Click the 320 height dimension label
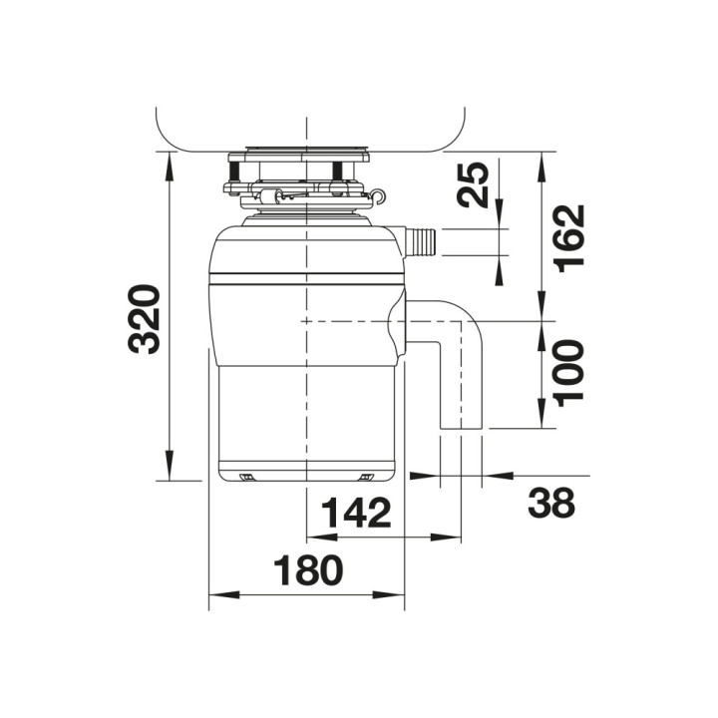(145, 319)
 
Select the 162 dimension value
(568, 238)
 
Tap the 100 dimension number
(568, 373)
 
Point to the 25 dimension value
(473, 184)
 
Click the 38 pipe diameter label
(550, 503)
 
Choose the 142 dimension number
(357, 513)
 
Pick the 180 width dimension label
(308, 569)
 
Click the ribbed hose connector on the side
(422, 241)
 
